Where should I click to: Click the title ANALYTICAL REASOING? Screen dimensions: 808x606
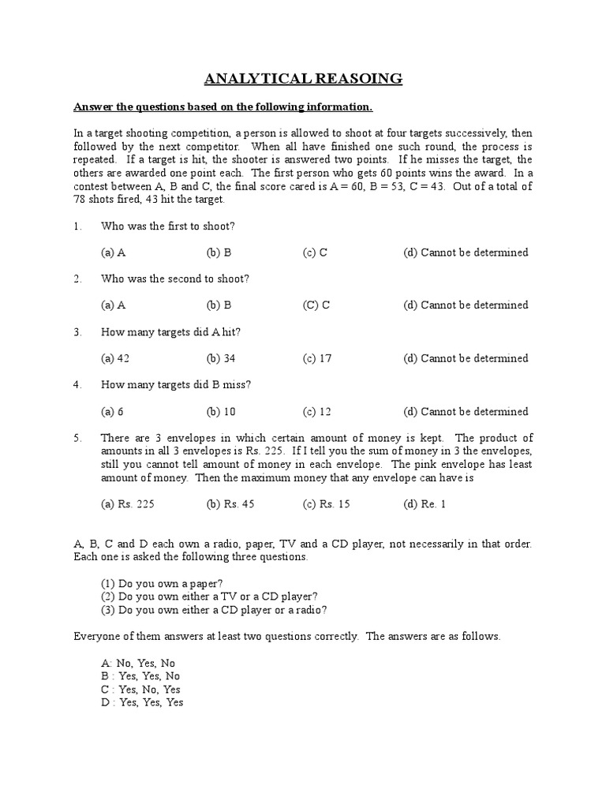[x=304, y=78]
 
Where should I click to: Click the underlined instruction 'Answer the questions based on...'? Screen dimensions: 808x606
[x=223, y=107]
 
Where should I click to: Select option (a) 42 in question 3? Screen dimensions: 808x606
[x=115, y=358]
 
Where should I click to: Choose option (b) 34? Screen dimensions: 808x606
[x=221, y=358]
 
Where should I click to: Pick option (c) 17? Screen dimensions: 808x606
[x=317, y=358]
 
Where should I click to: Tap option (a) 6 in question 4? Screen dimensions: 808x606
[x=113, y=411]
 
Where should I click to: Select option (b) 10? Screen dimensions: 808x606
[x=221, y=411]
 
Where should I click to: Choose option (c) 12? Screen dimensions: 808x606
[x=317, y=411]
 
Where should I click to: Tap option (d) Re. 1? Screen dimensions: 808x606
[x=425, y=504]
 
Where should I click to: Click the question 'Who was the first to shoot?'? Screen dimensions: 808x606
[x=168, y=226]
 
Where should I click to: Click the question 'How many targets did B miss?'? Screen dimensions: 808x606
[x=176, y=385]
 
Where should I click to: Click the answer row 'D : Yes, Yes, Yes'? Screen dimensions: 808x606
[x=141, y=701]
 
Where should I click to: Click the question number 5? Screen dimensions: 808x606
[x=77, y=438]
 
